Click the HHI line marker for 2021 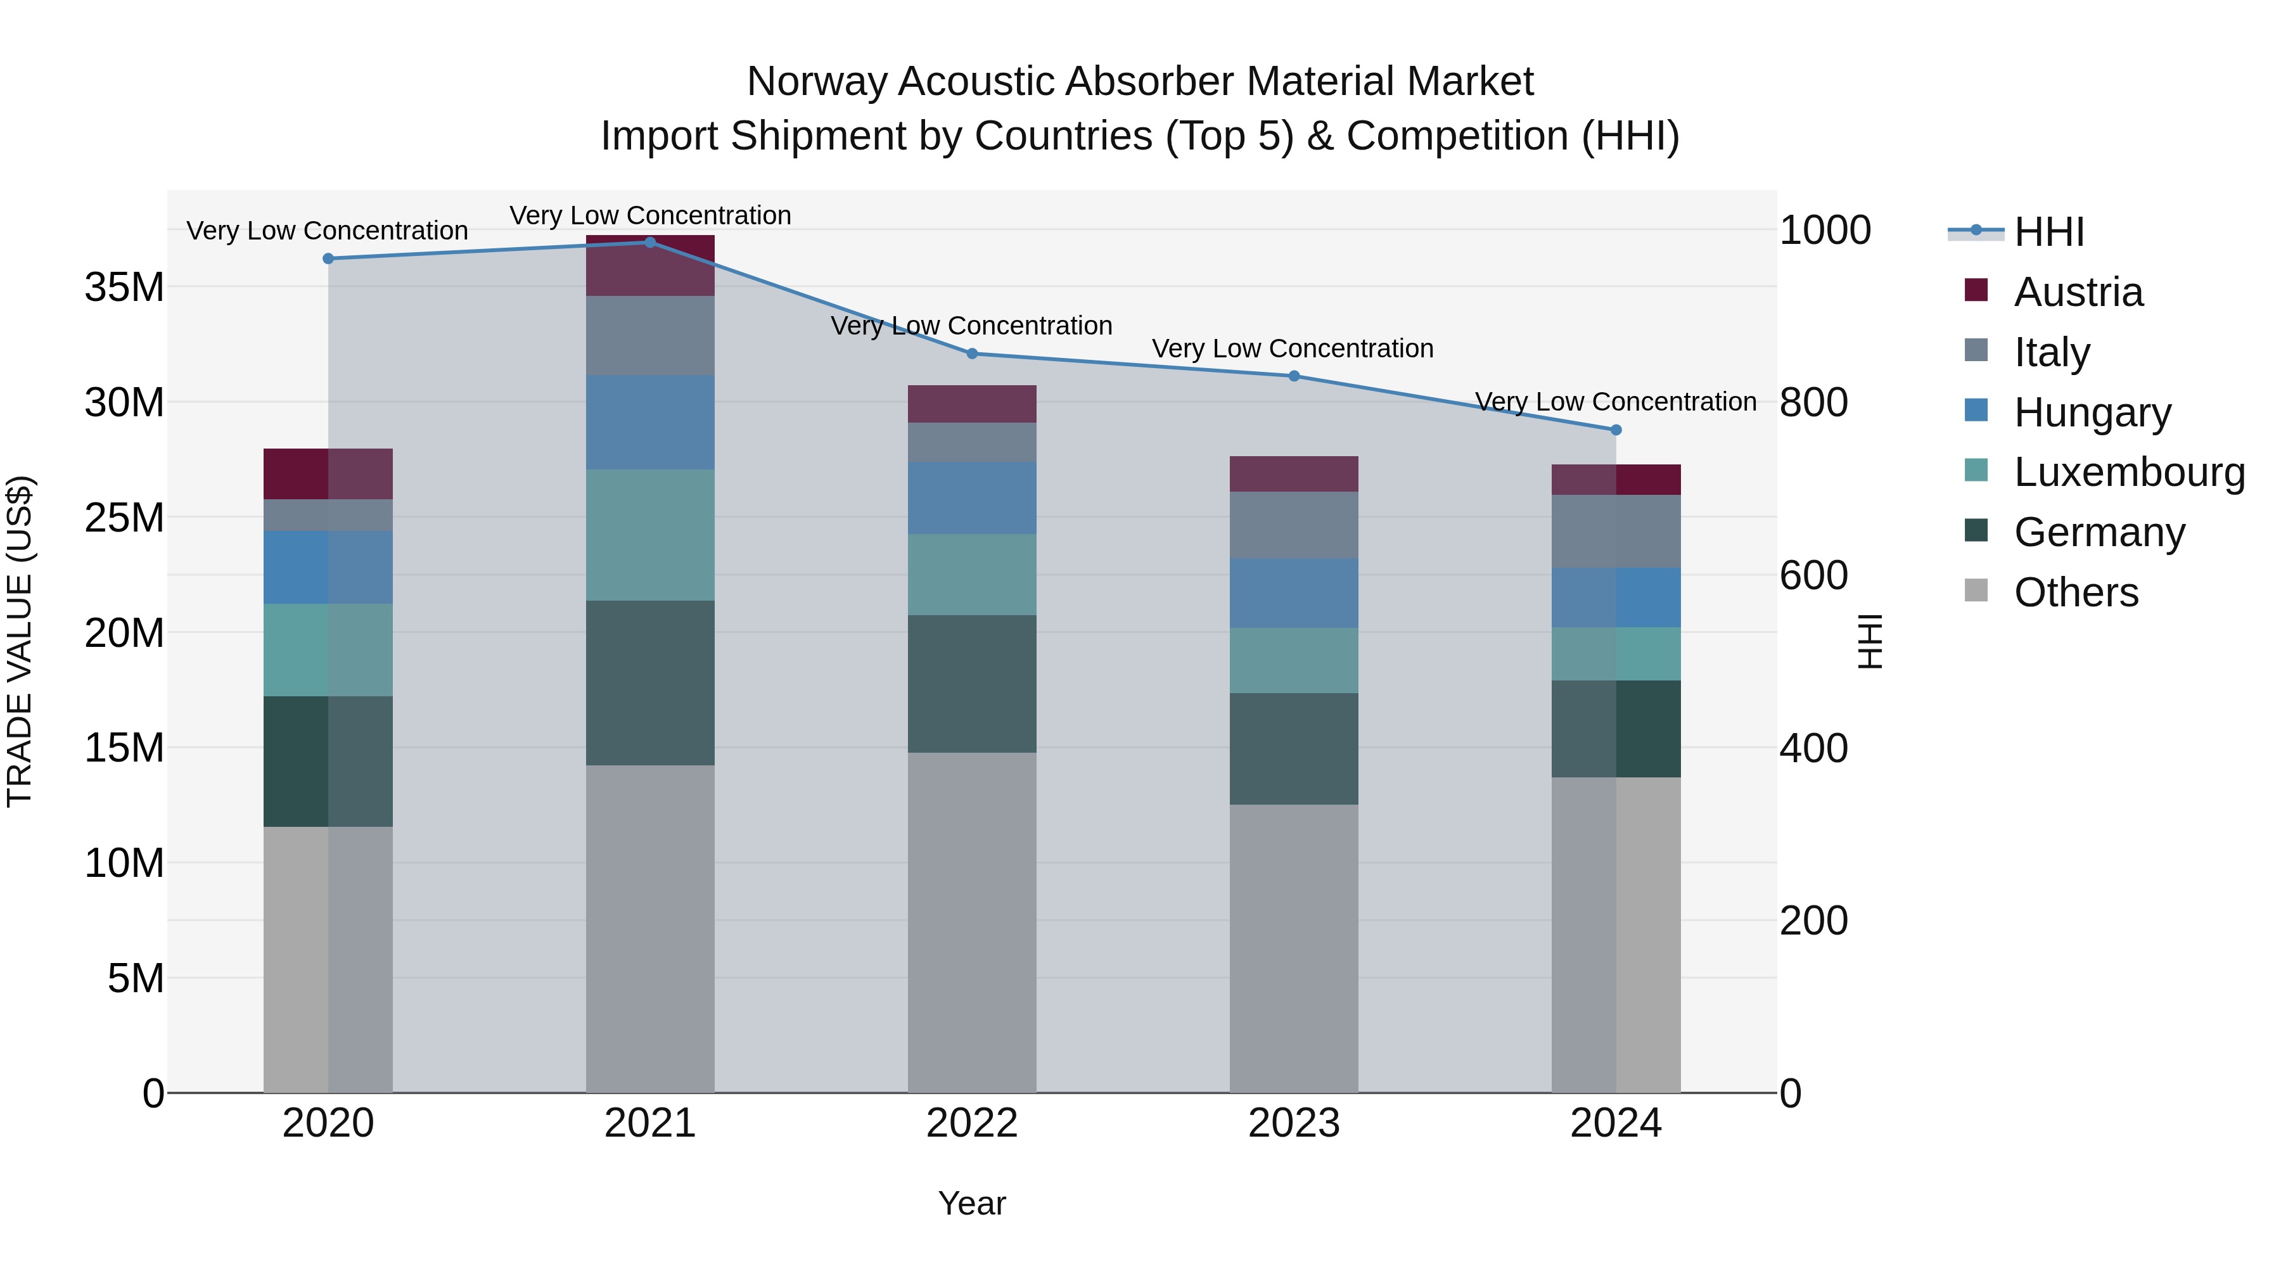tap(650, 243)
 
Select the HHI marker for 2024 tap(1616, 430)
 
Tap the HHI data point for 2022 tap(971, 354)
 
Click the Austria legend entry tap(2078, 292)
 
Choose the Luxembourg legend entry tap(2129, 472)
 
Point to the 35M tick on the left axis tap(124, 288)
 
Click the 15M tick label tap(124, 748)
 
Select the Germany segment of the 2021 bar tap(650, 682)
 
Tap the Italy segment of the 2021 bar tap(650, 336)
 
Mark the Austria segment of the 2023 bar tap(1294, 475)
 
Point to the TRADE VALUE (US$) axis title tap(20, 641)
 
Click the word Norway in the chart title tap(817, 82)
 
